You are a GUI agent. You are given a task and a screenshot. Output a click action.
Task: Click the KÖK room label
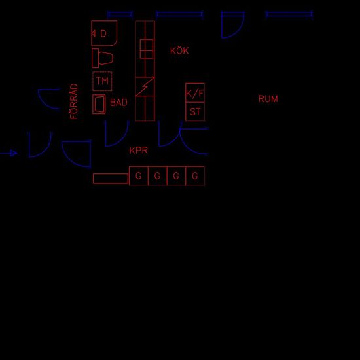point(179,50)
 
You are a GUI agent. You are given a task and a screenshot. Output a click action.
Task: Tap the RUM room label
point(268,99)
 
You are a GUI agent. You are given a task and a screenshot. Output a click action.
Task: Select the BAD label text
point(118,102)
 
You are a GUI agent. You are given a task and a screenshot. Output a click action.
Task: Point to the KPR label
point(139,151)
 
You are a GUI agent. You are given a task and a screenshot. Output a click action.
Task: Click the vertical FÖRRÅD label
point(74,101)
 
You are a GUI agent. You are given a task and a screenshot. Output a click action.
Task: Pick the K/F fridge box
point(195,93)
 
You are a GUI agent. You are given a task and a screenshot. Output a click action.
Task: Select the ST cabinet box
point(195,111)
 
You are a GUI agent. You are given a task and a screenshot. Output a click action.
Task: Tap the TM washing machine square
point(102,81)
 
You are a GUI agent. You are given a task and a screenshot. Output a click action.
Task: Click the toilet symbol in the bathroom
point(102,58)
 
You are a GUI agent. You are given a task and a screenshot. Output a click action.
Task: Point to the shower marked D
point(104,33)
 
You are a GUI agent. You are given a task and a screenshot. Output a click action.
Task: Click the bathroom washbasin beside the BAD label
point(99,104)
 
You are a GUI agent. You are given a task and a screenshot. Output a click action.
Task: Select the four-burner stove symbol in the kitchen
point(147,48)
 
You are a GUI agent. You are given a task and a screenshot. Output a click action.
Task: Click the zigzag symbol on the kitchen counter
point(145,86)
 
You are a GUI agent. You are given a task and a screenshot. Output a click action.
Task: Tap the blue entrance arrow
point(9,153)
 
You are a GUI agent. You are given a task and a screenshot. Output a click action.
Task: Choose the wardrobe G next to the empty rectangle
point(139,175)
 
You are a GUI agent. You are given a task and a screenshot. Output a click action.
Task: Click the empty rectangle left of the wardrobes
point(111,179)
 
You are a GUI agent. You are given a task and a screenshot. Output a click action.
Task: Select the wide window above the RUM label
point(289,14)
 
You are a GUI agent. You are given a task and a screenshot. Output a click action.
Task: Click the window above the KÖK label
point(179,14)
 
